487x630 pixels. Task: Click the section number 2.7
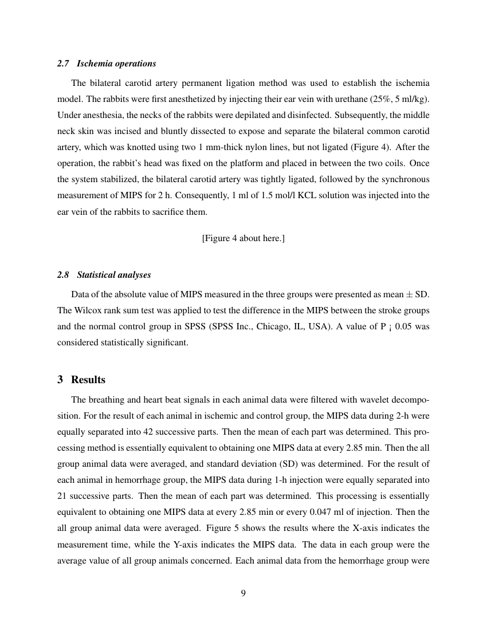(x=63, y=64)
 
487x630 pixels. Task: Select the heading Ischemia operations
(x=116, y=64)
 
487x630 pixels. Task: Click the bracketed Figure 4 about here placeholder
(x=243, y=238)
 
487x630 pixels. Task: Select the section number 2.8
(x=63, y=275)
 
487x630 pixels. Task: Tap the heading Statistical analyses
(x=114, y=275)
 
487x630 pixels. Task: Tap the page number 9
(x=243, y=593)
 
